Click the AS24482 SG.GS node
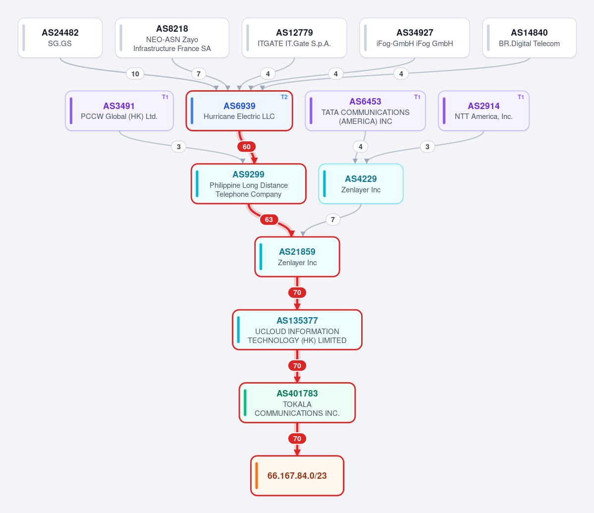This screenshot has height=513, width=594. pyautogui.click(x=60, y=38)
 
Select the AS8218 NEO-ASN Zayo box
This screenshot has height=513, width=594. pyautogui.click(x=172, y=38)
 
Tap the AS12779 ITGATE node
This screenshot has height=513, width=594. pyautogui.click(x=294, y=38)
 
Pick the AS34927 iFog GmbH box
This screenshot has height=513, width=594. pyautogui.click(x=415, y=38)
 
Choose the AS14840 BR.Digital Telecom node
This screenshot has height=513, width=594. pyautogui.click(x=530, y=38)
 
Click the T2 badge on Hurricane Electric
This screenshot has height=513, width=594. pyautogui.click(x=284, y=97)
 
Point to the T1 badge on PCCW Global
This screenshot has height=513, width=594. pyautogui.click(x=165, y=97)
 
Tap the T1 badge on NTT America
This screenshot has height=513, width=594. pyautogui.click(x=521, y=97)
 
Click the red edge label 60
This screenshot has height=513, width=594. pyautogui.click(x=247, y=147)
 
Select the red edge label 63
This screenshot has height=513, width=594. pyautogui.click(x=269, y=220)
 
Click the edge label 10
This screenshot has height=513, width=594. pyautogui.click(x=135, y=74)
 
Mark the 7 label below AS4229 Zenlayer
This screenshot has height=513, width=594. pyautogui.click(x=333, y=220)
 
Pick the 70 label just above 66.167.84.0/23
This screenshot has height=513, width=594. pyautogui.click(x=297, y=439)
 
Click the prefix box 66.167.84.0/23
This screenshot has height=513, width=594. pyautogui.click(x=297, y=475)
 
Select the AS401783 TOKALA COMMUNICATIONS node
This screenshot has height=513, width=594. pyautogui.click(x=297, y=403)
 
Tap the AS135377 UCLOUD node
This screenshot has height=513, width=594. pyautogui.click(x=297, y=330)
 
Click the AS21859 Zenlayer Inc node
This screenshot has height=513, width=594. pyautogui.click(x=297, y=257)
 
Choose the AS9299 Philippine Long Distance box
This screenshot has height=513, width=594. pyautogui.click(x=249, y=184)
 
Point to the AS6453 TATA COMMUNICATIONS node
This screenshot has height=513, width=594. pyautogui.click(x=365, y=111)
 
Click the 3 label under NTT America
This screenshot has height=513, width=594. pyautogui.click(x=428, y=147)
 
